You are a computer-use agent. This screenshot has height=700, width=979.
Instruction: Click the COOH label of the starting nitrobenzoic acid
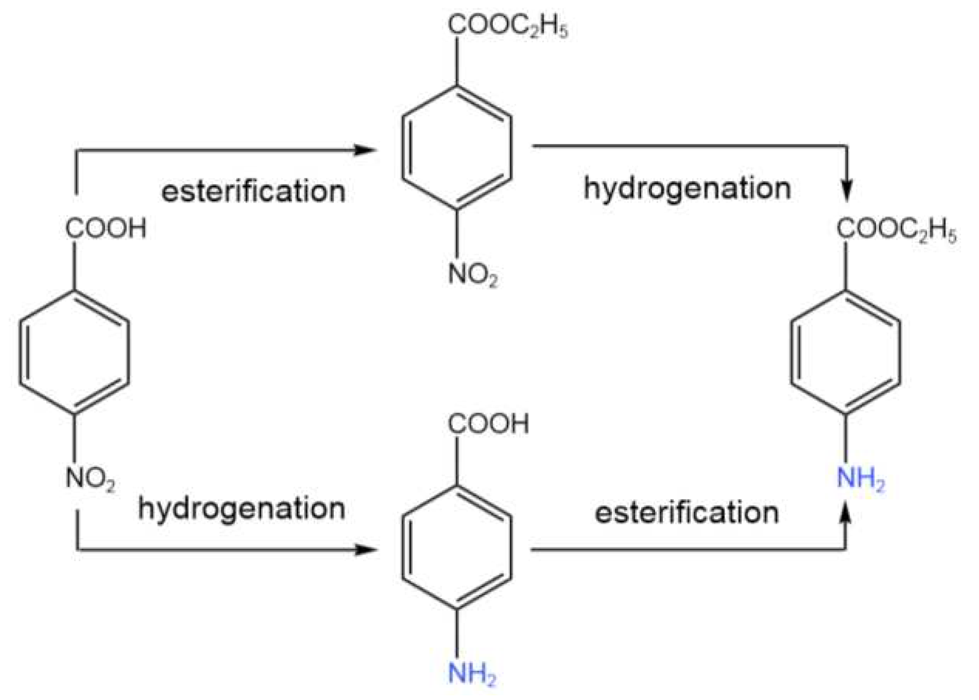pyautogui.click(x=106, y=228)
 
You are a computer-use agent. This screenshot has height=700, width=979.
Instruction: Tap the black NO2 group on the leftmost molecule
pyautogui.click(x=90, y=479)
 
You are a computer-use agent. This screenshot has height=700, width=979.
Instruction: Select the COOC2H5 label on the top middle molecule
pyautogui.click(x=508, y=26)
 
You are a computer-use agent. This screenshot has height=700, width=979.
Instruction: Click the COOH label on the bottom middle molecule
pyautogui.click(x=488, y=424)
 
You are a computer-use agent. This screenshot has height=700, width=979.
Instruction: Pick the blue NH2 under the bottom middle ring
pyautogui.click(x=472, y=673)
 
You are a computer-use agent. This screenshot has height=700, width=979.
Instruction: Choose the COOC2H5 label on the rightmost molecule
pyautogui.click(x=897, y=229)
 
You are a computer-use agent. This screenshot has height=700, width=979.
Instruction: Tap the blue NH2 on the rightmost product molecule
pyautogui.click(x=861, y=479)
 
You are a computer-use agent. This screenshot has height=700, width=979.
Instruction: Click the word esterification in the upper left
pyautogui.click(x=253, y=192)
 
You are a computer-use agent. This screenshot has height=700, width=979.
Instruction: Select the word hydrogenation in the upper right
pyautogui.click(x=687, y=188)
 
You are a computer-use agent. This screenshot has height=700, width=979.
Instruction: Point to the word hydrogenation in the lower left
pyautogui.click(x=241, y=509)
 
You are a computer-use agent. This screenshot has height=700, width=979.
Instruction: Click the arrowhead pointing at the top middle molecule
pyautogui.click(x=367, y=150)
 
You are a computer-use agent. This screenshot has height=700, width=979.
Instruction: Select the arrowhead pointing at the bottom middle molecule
pyautogui.click(x=367, y=550)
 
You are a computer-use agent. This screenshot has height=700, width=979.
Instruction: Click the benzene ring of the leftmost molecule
pyautogui.click(x=75, y=353)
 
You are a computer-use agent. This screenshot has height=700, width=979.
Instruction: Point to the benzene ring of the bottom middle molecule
pyautogui.click(x=457, y=548)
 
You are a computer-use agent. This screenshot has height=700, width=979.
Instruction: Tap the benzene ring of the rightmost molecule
pyautogui.click(x=846, y=353)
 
